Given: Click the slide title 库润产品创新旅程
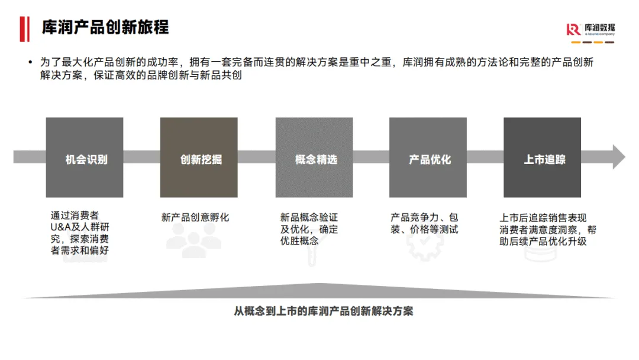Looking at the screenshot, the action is click(105, 27).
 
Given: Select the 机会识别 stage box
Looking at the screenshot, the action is click(85, 157).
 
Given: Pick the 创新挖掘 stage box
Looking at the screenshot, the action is click(199, 157).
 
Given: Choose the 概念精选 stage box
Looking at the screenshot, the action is click(314, 157).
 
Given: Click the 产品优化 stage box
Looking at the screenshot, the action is click(428, 157).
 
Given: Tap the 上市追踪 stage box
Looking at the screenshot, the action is click(542, 157).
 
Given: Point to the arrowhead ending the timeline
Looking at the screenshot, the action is click(618, 157).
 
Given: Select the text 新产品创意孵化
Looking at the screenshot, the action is click(195, 217).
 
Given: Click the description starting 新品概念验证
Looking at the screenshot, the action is click(309, 229).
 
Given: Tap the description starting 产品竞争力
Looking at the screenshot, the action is click(424, 223).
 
